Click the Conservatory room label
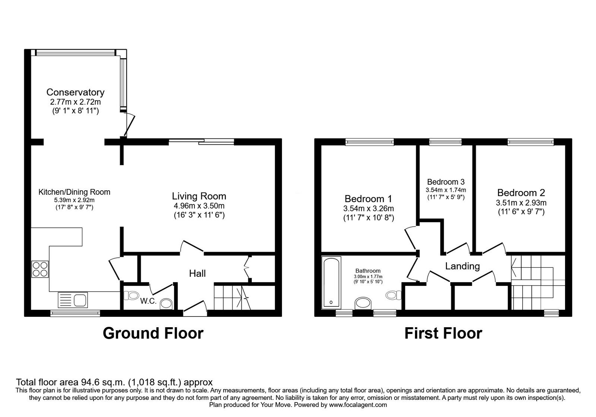tap(75, 92)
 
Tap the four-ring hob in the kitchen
tap(40, 269)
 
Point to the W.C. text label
tap(148, 302)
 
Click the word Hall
tap(197, 274)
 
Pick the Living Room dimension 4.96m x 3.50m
tap(199, 206)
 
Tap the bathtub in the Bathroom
tap(331, 282)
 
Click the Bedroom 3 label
tap(446, 182)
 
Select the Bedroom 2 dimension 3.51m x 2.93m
tap(521, 203)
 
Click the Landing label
tap(462, 266)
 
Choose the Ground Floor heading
tap(153, 333)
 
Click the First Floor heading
tap(443, 333)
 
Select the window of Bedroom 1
tap(369, 141)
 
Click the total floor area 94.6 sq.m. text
tap(114, 382)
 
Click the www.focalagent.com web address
tap(358, 405)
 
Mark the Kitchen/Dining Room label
tap(74, 192)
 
